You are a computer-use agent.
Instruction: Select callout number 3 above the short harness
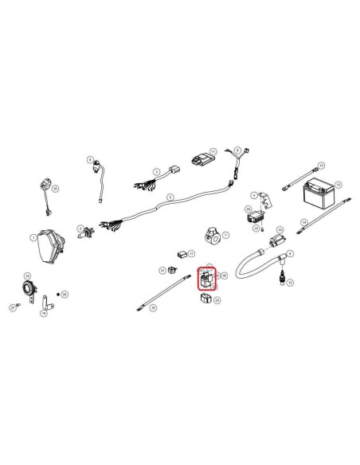click(156, 169)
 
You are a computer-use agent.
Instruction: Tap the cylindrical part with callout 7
click(213, 234)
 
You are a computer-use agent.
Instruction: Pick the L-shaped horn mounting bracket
click(46, 303)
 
